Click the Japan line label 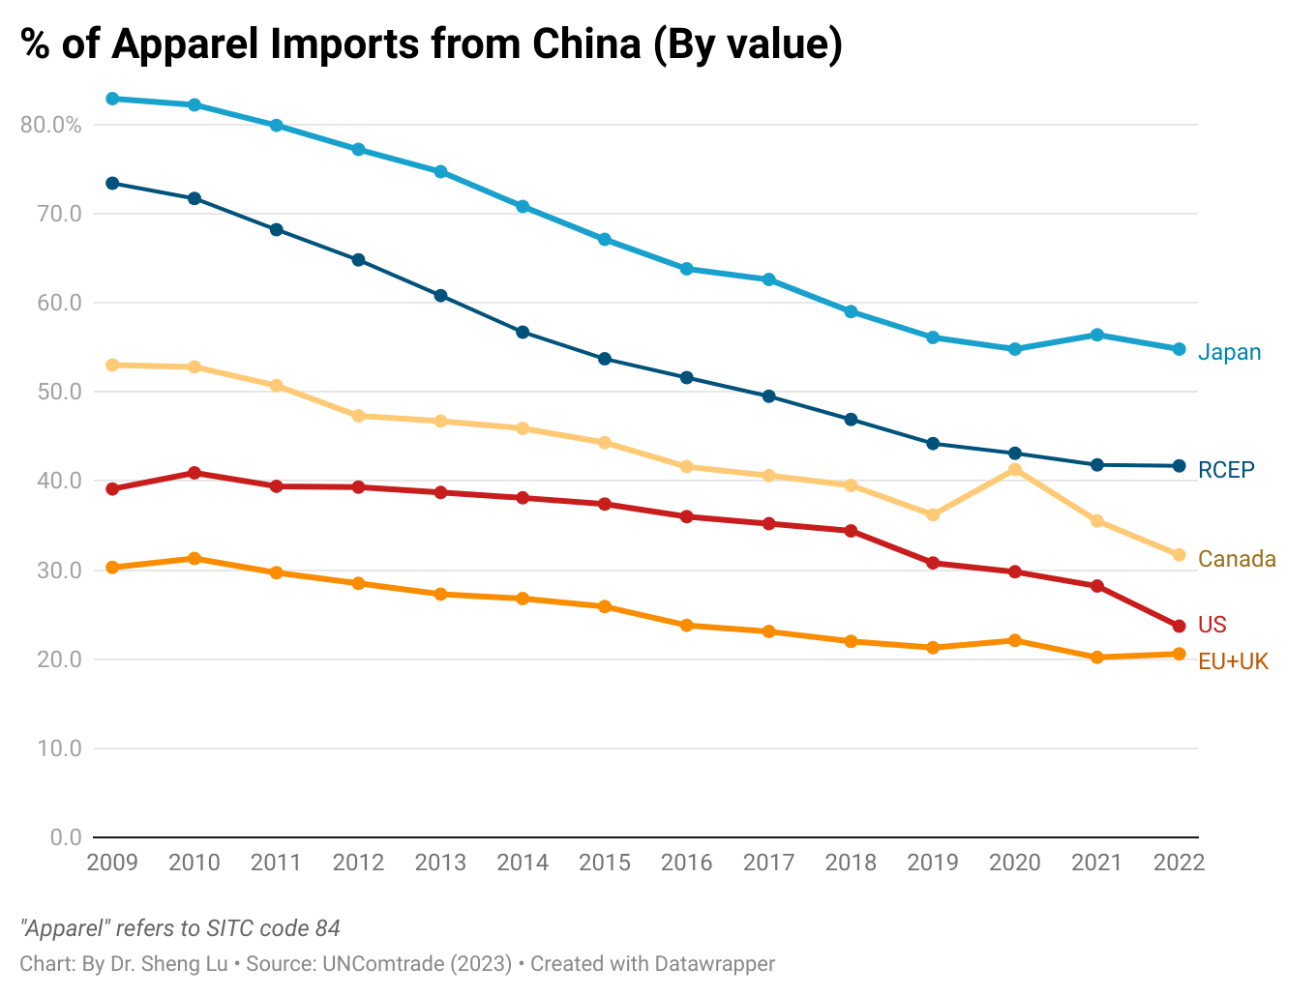(1229, 352)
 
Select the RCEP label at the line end (1226, 470)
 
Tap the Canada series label (1237, 559)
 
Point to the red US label (1212, 625)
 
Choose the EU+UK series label (1233, 661)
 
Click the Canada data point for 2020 (1015, 470)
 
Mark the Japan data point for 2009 (112, 99)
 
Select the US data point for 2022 (1179, 627)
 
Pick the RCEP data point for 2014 (523, 332)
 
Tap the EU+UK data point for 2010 (194, 558)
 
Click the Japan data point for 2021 (1097, 335)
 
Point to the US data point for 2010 (194, 473)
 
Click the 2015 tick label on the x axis (605, 863)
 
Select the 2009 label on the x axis (112, 863)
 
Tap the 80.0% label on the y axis (50, 125)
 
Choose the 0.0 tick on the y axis (66, 837)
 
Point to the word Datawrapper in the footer (714, 964)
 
